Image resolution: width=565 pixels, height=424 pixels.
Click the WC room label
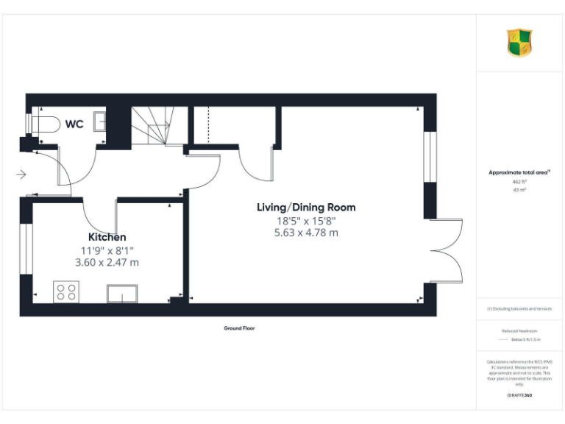(x=74, y=124)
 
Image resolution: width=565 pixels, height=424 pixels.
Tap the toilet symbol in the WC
(x=43, y=124)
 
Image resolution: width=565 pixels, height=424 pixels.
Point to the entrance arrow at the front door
(x=21, y=174)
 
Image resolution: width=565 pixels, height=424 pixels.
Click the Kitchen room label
(x=107, y=237)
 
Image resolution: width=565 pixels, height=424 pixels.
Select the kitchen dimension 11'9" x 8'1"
(x=107, y=250)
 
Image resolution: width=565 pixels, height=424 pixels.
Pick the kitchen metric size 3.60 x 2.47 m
(x=107, y=261)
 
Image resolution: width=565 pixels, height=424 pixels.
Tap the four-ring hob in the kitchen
(x=65, y=291)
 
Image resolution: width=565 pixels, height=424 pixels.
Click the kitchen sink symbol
(x=123, y=294)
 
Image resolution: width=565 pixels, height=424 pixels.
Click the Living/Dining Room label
(x=306, y=207)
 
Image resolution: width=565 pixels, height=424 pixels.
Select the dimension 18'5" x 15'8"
(x=306, y=220)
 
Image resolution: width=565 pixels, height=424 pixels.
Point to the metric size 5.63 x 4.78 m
(x=306, y=233)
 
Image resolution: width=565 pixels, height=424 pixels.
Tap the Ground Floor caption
(x=239, y=328)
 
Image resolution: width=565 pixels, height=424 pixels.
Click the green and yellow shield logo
(x=519, y=43)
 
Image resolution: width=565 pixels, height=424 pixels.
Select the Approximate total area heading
(x=519, y=172)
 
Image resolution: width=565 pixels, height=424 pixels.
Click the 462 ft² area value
(x=519, y=181)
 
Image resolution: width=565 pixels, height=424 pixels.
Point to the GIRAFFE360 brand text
(x=519, y=396)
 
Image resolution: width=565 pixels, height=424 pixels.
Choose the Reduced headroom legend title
(x=519, y=331)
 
